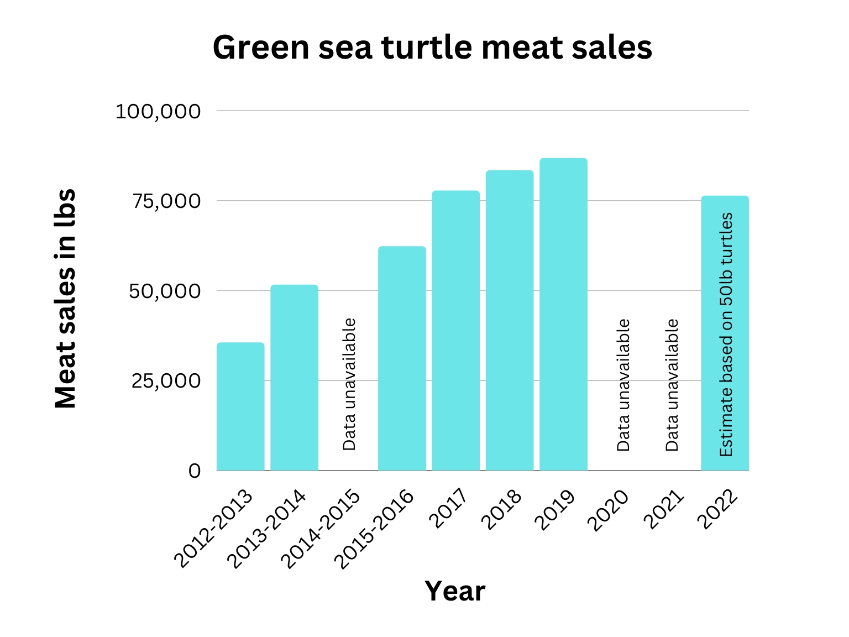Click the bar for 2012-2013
point(240,406)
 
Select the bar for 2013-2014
point(294,378)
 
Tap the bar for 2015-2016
point(402,358)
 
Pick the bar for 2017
point(455,331)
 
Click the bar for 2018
point(509,321)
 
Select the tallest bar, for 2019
point(563,314)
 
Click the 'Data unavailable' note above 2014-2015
point(349,384)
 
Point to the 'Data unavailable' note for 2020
point(623,385)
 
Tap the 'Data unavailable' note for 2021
point(672,385)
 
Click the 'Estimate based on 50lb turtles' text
point(726,335)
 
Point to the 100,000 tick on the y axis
point(158,112)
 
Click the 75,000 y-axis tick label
point(165,201)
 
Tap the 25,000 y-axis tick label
point(165,381)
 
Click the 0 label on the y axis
point(195,471)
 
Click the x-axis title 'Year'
point(454,591)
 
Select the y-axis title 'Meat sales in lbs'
point(66,299)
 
